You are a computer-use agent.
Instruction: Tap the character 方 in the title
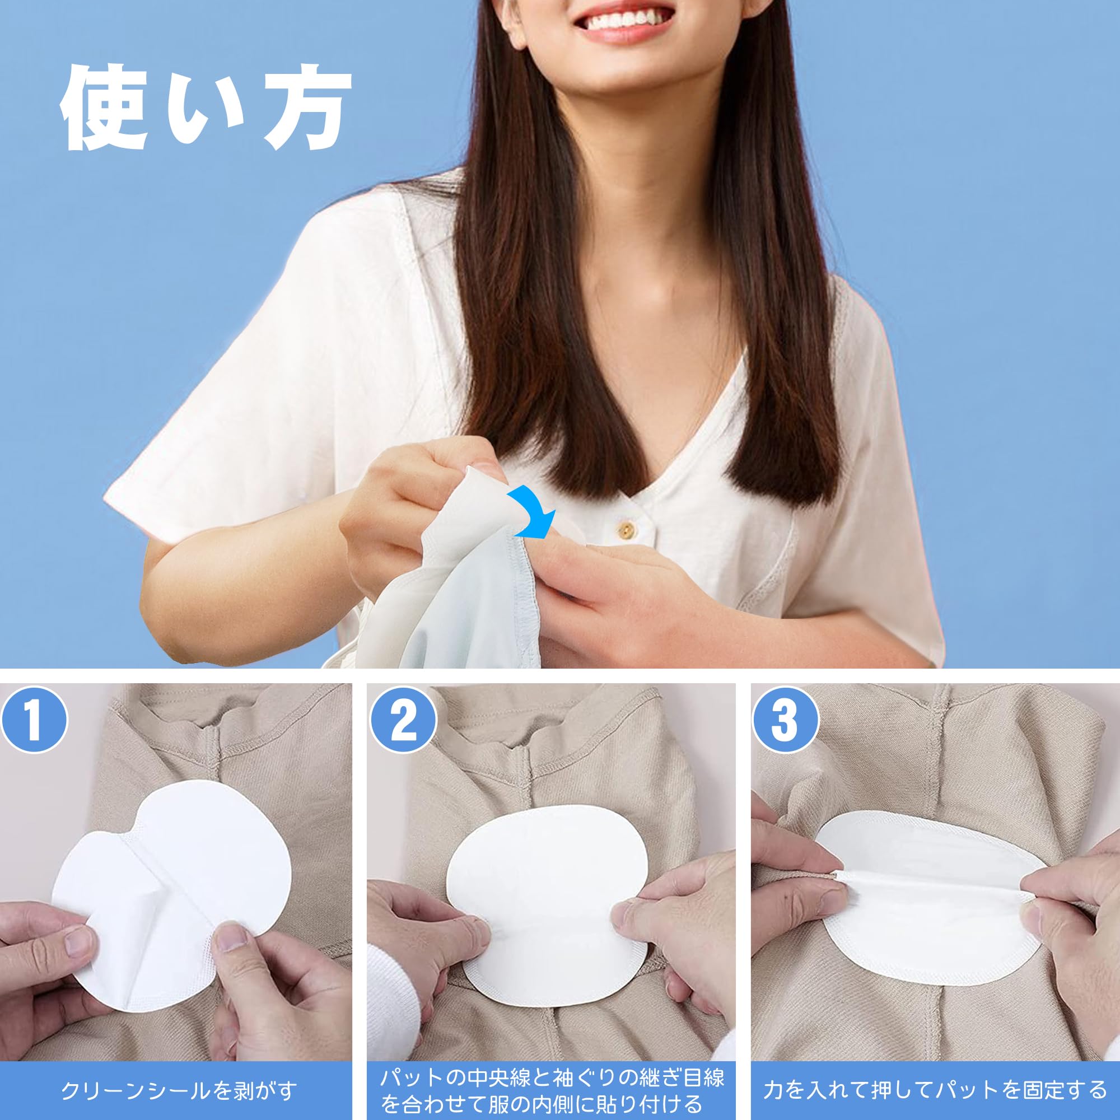307,109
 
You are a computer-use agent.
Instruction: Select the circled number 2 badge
403,721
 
